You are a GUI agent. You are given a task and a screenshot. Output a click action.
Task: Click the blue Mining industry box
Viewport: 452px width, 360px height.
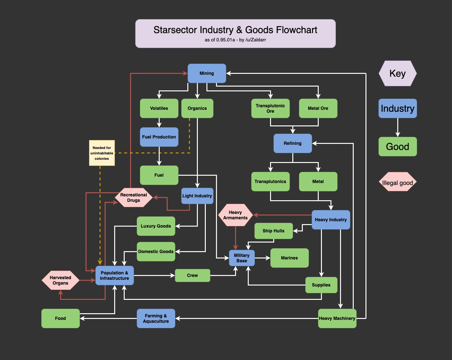click(207, 73)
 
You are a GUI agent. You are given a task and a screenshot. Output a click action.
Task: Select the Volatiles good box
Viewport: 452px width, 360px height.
click(159, 108)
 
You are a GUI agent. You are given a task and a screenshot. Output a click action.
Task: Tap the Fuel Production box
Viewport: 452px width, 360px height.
click(159, 137)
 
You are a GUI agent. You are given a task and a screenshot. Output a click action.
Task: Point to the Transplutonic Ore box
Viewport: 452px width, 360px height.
click(270, 108)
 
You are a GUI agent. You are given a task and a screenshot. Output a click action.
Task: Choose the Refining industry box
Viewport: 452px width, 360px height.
click(293, 143)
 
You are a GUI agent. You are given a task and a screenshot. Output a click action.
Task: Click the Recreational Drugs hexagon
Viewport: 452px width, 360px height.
click(134, 198)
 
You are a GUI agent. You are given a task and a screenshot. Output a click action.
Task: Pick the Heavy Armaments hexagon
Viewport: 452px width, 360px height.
click(235, 215)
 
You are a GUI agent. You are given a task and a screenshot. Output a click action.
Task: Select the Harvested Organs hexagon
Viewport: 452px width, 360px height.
click(60, 280)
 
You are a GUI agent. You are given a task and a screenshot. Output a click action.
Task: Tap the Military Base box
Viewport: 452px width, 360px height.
click(242, 258)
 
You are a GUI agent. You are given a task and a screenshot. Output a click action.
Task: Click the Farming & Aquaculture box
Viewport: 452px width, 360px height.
click(156, 318)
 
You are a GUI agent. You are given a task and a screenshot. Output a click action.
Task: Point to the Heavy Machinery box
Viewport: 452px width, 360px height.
click(337, 318)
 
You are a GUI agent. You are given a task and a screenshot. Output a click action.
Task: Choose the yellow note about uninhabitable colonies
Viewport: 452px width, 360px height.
click(102, 153)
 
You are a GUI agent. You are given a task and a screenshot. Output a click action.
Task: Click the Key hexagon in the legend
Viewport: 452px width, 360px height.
click(398, 74)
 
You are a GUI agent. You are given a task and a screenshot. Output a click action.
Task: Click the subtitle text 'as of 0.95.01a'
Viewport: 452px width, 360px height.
click(220, 40)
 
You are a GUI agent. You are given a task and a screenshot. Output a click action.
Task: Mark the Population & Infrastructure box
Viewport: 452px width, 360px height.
click(115, 276)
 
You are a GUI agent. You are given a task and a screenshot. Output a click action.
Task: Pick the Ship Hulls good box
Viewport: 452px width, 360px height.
click(274, 231)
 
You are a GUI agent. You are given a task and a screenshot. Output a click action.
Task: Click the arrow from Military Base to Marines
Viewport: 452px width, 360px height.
click(262, 258)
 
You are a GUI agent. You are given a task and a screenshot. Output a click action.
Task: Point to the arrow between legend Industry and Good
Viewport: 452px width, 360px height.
click(398, 127)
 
